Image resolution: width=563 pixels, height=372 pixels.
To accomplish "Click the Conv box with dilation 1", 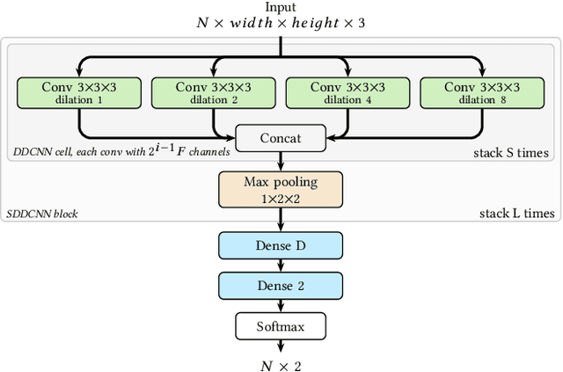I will coord(79,93).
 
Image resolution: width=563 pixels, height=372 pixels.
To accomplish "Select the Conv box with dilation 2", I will coord(213,93).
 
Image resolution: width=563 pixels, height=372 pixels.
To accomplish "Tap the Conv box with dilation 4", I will coord(347,93).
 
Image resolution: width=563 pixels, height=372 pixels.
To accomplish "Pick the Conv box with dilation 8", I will coord(482,93).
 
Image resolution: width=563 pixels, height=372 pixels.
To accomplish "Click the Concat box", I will coord(281,137).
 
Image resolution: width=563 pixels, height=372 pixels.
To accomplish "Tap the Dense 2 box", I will coord(281,285).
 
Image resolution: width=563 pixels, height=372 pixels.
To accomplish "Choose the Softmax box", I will coord(281,326).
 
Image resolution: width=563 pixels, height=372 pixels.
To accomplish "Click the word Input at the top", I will coord(281,8).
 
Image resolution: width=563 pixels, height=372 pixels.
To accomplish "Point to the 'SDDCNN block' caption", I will coord(42,214).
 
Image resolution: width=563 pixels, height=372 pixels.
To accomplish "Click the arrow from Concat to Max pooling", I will coord(281,161).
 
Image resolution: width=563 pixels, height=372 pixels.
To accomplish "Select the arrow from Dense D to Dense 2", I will coord(281,266).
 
